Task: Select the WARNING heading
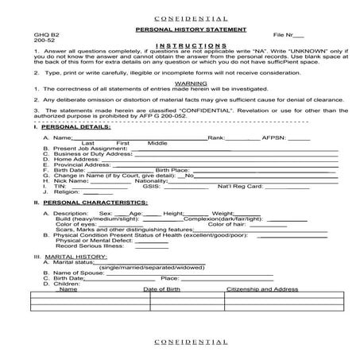click(179, 81)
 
